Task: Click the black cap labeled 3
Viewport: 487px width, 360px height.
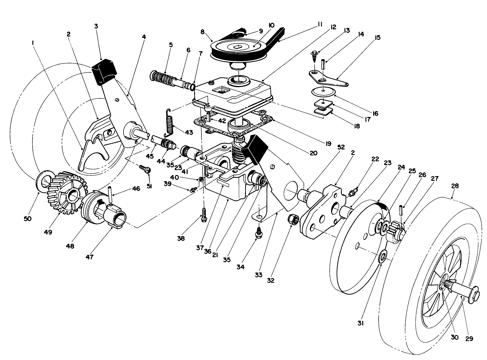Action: point(104,71)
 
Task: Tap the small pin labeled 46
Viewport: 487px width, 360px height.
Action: point(110,194)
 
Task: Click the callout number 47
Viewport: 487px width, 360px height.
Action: point(90,257)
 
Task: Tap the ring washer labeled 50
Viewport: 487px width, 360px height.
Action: point(43,180)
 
